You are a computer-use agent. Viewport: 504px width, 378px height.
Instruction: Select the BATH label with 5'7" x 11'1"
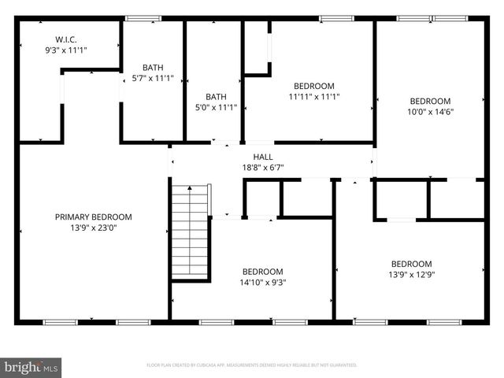(153, 67)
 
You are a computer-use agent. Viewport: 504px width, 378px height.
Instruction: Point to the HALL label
(263, 157)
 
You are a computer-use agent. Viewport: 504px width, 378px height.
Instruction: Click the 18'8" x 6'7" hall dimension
(263, 167)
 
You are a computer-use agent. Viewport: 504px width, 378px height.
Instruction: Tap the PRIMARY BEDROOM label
(93, 217)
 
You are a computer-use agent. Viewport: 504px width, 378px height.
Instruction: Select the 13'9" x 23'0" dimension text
(93, 228)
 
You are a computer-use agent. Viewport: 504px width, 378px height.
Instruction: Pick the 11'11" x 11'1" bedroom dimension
(313, 98)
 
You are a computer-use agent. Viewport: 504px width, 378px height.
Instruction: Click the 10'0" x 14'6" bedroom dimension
(430, 112)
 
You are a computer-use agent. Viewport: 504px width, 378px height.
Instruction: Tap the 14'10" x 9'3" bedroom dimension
(262, 283)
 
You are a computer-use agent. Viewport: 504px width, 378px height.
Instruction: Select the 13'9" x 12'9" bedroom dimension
(411, 275)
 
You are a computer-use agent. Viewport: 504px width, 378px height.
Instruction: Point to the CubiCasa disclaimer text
(252, 365)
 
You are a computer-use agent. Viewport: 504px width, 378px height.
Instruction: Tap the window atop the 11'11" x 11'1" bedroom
(336, 18)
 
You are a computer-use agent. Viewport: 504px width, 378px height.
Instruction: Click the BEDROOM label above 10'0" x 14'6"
(430, 101)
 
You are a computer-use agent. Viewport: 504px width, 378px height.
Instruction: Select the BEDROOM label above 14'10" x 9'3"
(262, 272)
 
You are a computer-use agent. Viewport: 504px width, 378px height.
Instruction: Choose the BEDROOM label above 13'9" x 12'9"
(411, 264)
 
